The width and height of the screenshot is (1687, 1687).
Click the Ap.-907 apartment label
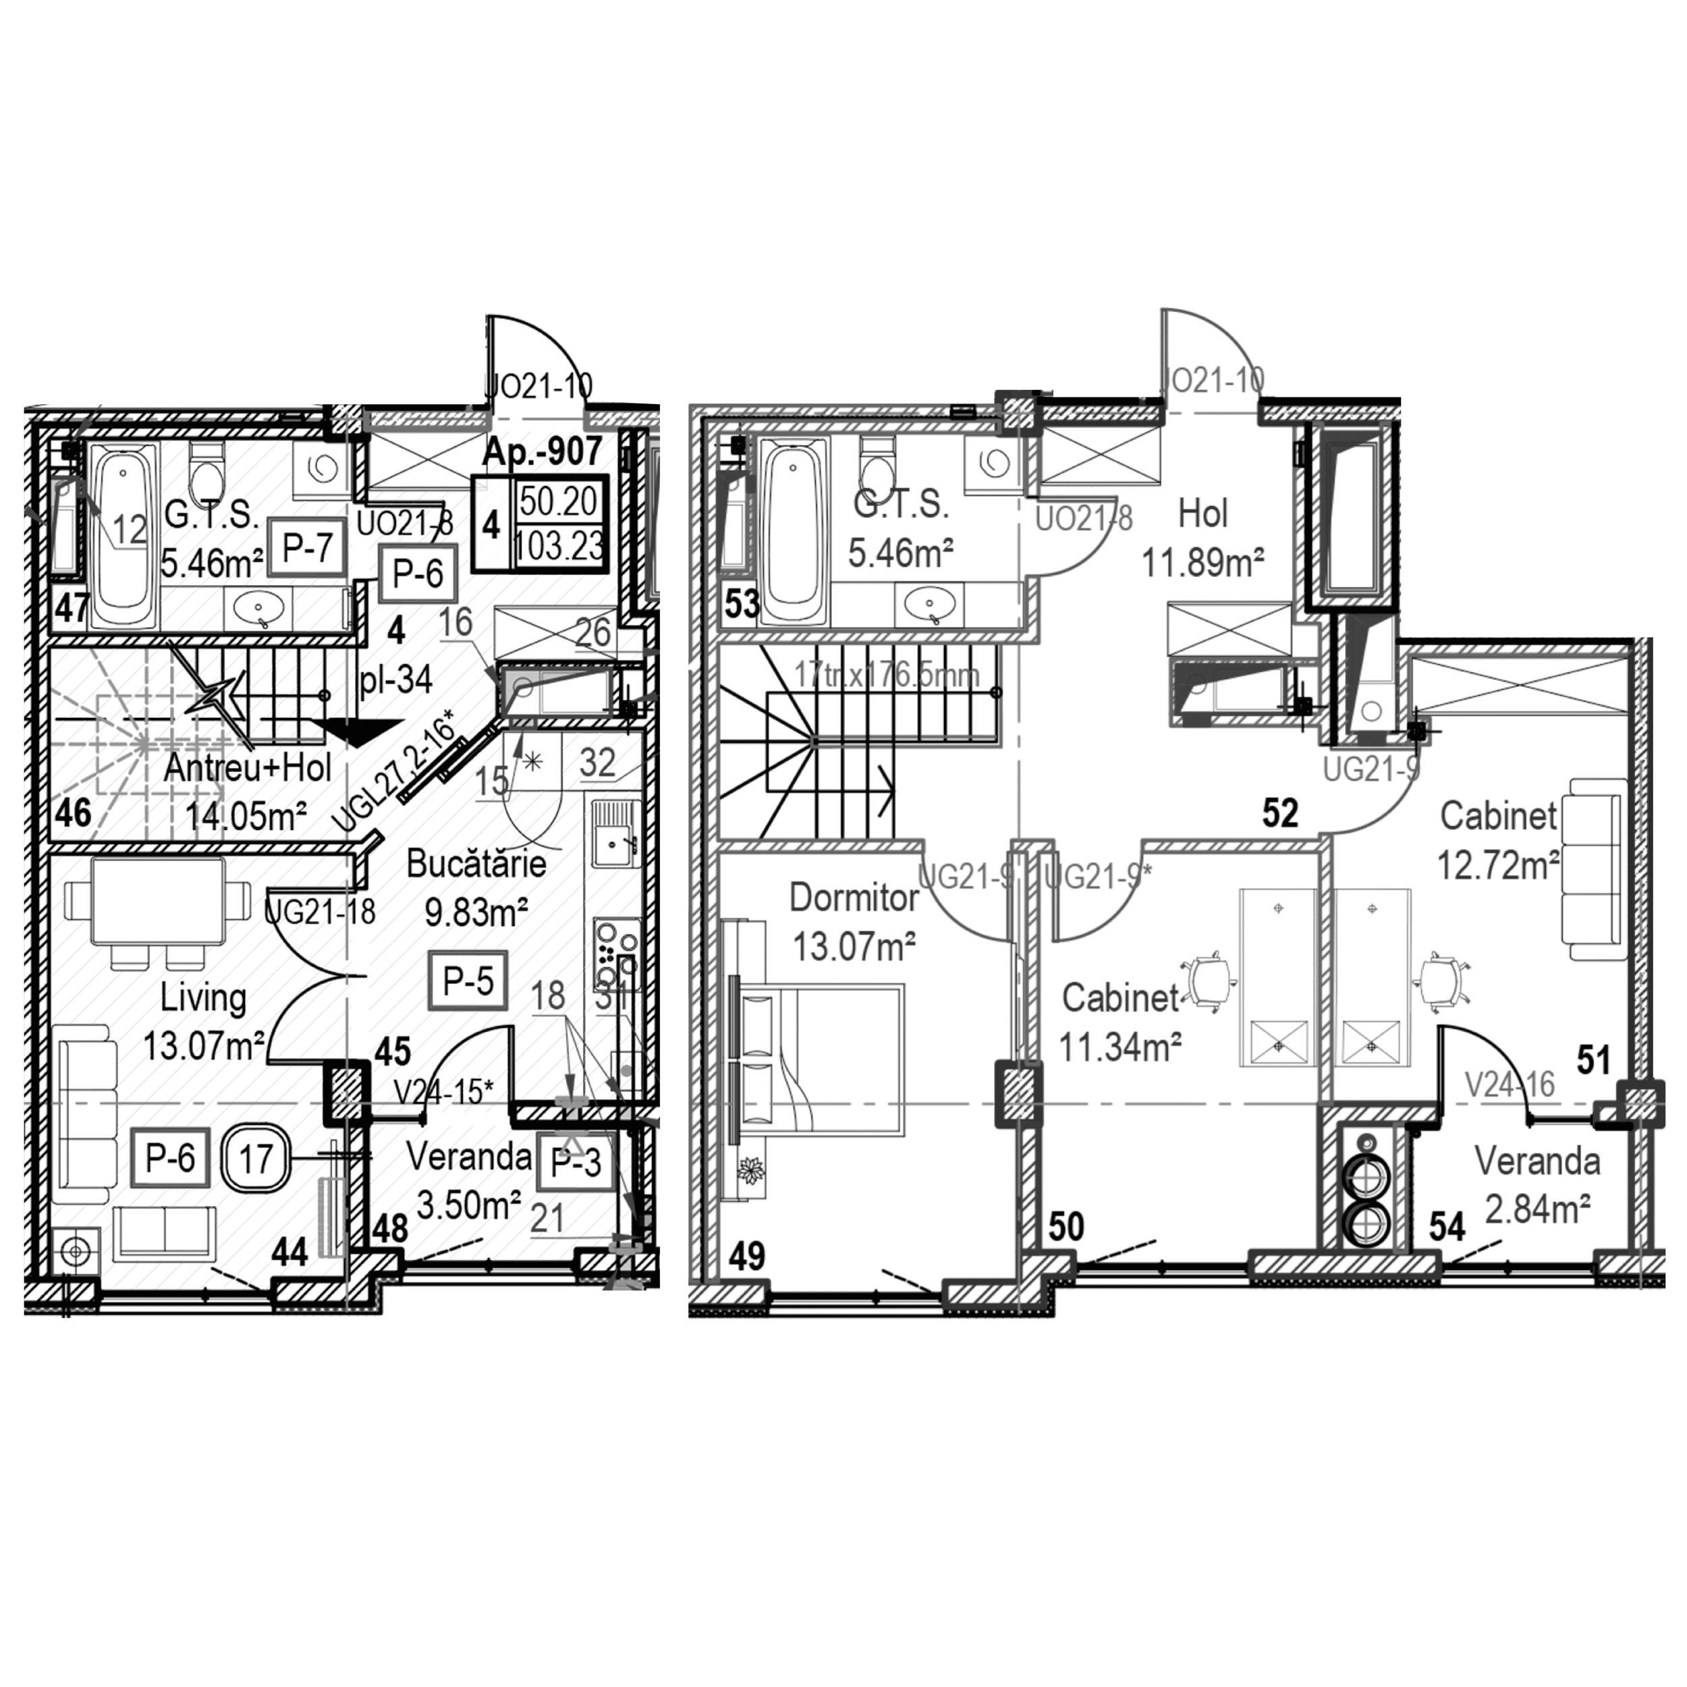pos(543,451)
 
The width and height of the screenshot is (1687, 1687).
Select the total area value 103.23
pos(559,547)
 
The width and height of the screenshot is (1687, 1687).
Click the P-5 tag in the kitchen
pos(468,980)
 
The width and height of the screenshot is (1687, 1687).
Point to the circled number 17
pos(256,1159)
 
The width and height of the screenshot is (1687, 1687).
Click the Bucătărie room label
pos(476,864)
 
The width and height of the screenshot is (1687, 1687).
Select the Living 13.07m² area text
pos(202,1045)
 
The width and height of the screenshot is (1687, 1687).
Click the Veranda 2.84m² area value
pos(1537,1210)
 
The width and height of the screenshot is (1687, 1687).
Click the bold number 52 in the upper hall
pos(1280,813)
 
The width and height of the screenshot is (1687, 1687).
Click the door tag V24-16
pos(1510,1084)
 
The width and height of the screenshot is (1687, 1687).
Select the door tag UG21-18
pos(320,912)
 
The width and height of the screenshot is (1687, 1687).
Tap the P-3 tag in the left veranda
pos(576,1162)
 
